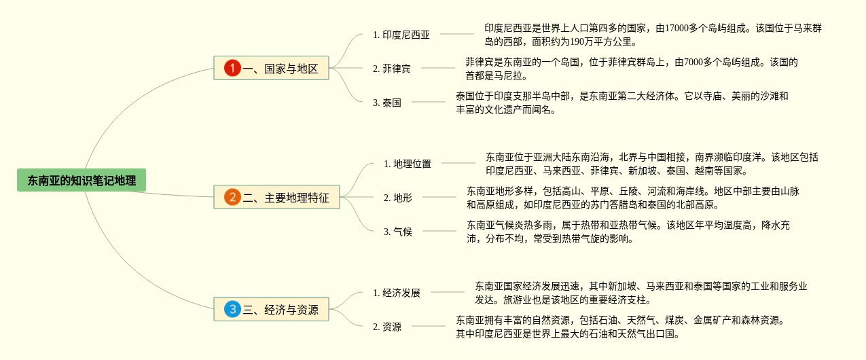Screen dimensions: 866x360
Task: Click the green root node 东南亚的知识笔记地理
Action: click(82, 181)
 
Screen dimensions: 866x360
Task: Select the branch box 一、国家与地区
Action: click(272, 68)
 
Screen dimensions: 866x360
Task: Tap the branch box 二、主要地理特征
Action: click(276, 198)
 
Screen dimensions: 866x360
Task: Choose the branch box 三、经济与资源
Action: click(271, 310)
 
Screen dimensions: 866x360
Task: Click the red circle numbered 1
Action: click(233, 68)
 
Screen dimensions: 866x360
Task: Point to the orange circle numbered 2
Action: click(232, 198)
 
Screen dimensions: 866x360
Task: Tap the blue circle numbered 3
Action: click(232, 310)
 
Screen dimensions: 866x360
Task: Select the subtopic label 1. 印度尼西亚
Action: click(401, 35)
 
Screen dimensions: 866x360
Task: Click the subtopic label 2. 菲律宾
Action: click(391, 69)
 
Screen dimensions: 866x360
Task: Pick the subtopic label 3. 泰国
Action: click(386, 103)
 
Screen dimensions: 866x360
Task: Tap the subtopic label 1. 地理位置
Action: click(408, 164)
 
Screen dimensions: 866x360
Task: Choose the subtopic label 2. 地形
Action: click(397, 198)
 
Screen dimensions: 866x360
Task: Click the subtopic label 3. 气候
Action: click(397, 232)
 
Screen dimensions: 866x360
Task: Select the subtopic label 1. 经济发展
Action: click(397, 293)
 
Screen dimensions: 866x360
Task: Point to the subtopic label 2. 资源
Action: click(386, 327)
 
